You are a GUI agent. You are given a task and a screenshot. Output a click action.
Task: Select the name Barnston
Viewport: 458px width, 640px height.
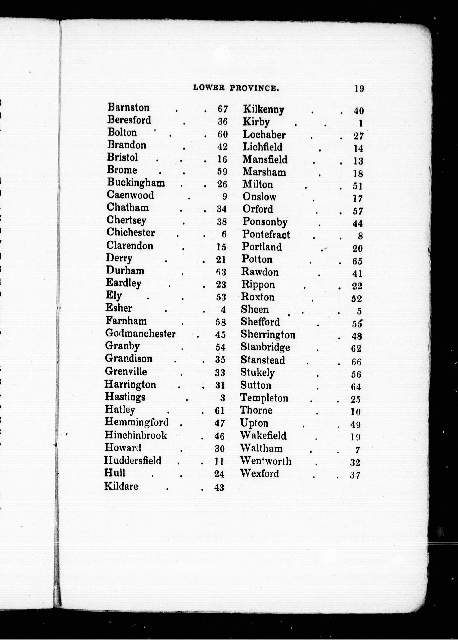click(128, 107)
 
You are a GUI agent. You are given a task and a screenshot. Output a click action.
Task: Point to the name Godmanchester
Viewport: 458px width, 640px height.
click(140, 334)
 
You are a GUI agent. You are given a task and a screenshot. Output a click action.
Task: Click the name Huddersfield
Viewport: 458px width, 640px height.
click(133, 460)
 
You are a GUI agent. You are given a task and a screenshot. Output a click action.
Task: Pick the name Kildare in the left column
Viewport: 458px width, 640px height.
click(121, 486)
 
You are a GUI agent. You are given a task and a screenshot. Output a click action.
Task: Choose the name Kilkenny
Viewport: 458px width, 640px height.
click(263, 110)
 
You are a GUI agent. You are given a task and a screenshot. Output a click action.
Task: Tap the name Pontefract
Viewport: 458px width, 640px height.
click(266, 234)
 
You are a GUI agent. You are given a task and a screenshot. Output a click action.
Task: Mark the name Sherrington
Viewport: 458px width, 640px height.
click(268, 335)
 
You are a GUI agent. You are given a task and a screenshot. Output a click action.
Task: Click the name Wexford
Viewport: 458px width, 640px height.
click(260, 473)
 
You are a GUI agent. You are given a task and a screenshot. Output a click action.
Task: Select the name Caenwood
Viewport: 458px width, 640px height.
click(130, 195)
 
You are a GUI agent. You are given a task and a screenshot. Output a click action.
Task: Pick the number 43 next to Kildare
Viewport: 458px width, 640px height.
click(219, 487)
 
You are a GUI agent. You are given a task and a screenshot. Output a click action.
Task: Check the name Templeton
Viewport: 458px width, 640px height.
click(264, 398)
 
